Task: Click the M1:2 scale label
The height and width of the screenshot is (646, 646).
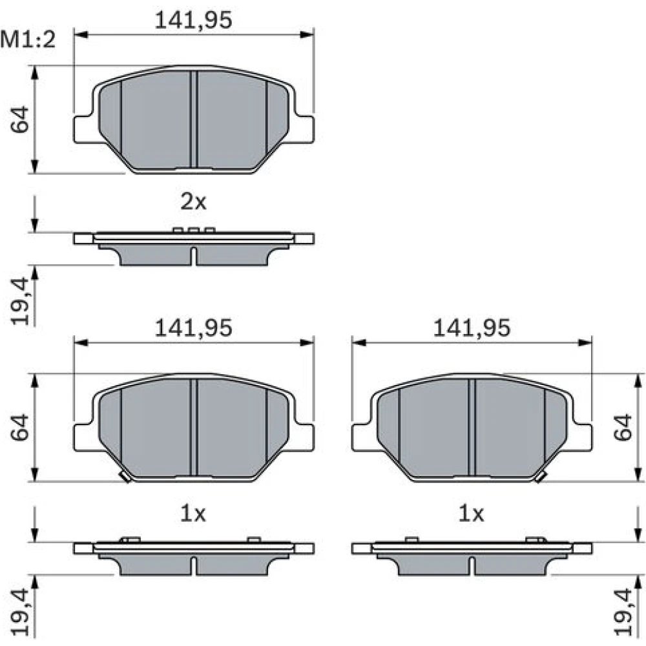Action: tap(28, 40)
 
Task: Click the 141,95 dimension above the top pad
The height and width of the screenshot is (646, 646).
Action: tap(193, 20)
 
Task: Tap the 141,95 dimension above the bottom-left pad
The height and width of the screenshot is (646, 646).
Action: tap(193, 328)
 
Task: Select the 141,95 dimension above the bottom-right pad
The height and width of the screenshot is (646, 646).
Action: tap(472, 328)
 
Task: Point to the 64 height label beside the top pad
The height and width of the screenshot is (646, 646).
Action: tap(20, 120)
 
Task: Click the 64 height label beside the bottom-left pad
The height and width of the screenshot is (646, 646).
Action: tap(20, 428)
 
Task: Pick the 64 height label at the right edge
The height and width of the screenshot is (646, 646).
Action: tap(623, 428)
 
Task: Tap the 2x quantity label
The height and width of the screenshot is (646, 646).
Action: tap(193, 202)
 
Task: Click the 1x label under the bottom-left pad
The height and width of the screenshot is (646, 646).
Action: tap(193, 514)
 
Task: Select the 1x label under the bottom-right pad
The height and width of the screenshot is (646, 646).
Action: tap(472, 514)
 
